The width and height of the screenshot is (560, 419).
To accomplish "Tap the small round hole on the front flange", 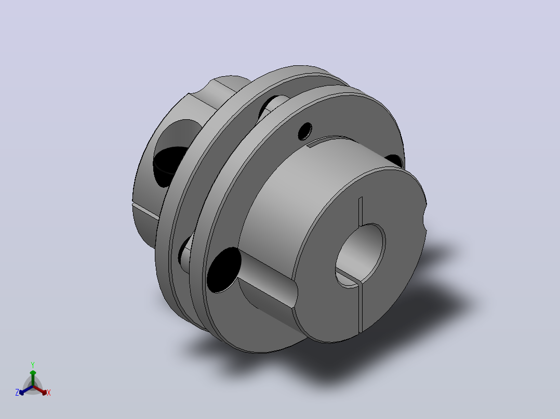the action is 305,131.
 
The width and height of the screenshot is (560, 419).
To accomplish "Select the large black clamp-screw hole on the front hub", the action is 224,270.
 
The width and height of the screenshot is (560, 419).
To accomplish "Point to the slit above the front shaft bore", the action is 361,211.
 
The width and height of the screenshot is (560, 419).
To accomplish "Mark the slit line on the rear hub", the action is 145,211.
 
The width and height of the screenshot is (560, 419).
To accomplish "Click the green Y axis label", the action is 33,365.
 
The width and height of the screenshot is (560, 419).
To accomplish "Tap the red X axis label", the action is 49,393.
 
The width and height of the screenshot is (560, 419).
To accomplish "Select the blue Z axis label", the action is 17,392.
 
